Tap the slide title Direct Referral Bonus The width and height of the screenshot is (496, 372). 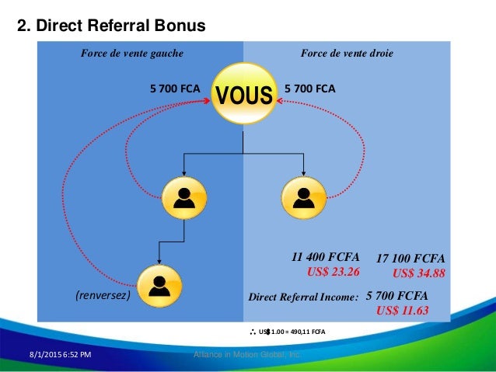pyautogui.click(x=111, y=26)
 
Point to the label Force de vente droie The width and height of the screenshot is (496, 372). pyautogui.click(x=347, y=54)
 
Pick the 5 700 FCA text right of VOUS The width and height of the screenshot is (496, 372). pyautogui.click(x=310, y=89)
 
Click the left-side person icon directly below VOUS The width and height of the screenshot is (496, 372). pyautogui.click(x=184, y=199)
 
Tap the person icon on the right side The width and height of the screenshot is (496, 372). pyautogui.click(x=300, y=199)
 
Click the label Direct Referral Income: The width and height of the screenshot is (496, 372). pyautogui.click(x=302, y=297)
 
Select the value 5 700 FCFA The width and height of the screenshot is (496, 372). pyautogui.click(x=396, y=296)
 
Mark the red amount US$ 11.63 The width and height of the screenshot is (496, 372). pyautogui.click(x=402, y=310)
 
